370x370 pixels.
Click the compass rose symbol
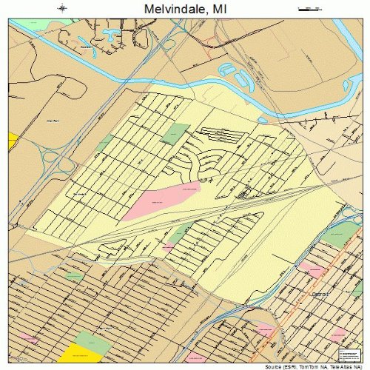[62, 8]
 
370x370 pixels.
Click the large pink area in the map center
[161, 200]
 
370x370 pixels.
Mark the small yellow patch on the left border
[12, 140]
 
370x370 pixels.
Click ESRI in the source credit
[283, 367]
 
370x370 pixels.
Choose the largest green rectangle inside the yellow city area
[176, 134]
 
